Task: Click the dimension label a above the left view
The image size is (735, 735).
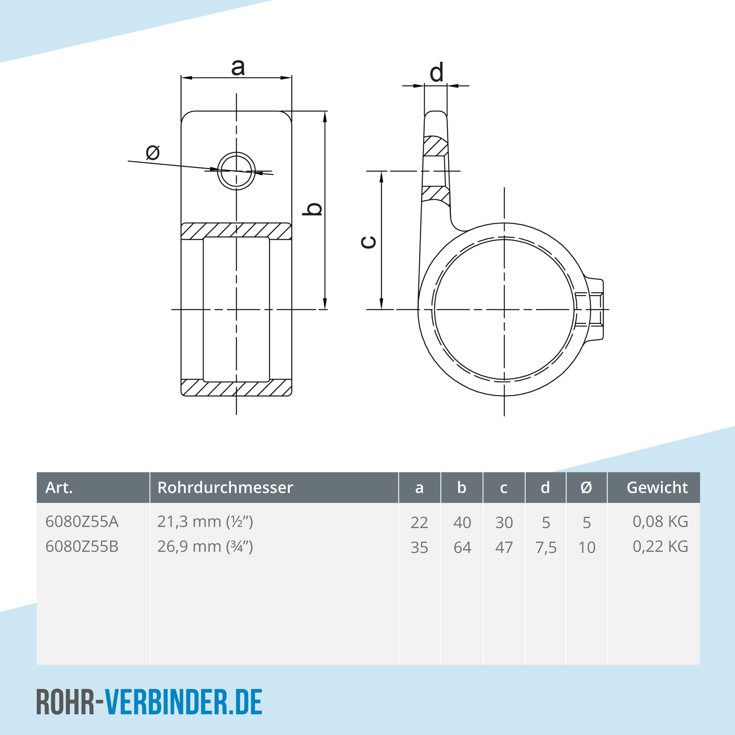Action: [x=238, y=68]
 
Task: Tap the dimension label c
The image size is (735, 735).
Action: [x=368, y=242]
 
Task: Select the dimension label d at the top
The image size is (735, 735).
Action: [x=436, y=72]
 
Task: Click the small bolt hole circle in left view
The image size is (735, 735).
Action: [x=236, y=171]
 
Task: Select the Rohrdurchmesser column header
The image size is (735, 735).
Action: [x=225, y=487]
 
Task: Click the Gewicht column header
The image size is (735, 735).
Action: [x=657, y=487]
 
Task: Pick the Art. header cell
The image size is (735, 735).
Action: [x=59, y=487]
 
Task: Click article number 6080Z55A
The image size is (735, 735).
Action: [x=82, y=522]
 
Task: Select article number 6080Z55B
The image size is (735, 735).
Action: [x=82, y=547]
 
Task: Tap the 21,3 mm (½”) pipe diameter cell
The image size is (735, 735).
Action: [x=205, y=522]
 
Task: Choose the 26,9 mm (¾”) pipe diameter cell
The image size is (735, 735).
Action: [x=205, y=547]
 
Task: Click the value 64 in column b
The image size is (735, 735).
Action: [x=462, y=548]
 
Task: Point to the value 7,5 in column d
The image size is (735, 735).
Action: [x=546, y=548]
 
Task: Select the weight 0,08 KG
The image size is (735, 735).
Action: [x=660, y=522]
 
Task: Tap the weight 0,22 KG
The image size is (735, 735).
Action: [x=660, y=547]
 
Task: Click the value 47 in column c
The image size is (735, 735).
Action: [x=504, y=548]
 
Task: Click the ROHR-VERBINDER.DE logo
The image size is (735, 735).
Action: [x=149, y=702]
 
